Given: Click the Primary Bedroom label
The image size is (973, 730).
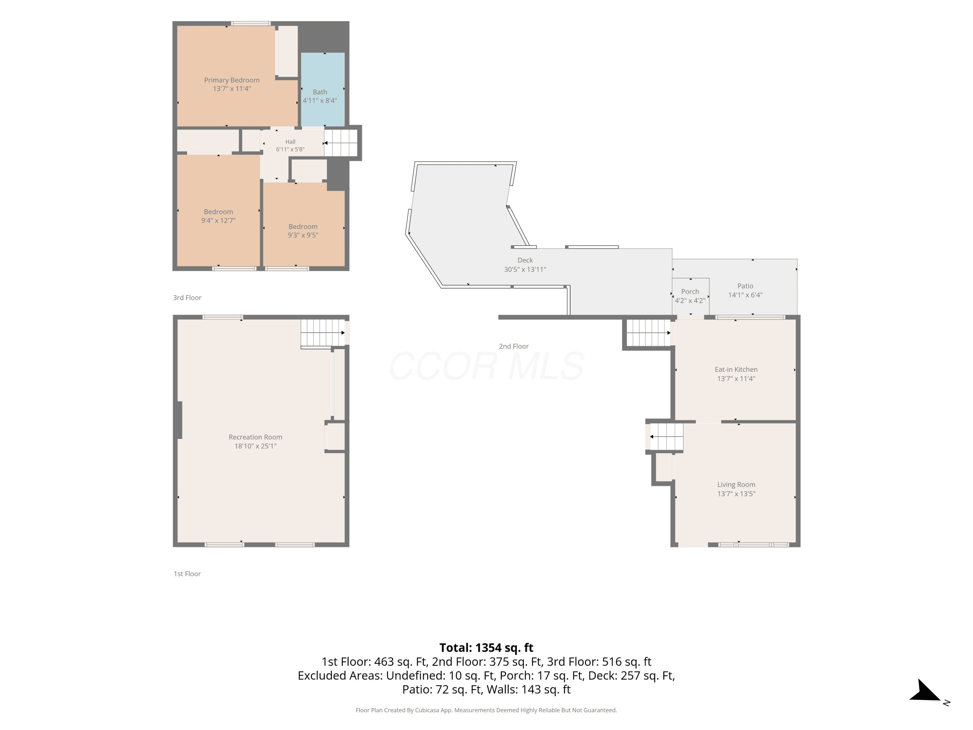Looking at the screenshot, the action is tap(232, 80).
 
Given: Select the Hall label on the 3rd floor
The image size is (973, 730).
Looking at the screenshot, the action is tap(290, 142).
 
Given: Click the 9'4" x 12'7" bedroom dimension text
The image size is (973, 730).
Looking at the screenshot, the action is tap(218, 220).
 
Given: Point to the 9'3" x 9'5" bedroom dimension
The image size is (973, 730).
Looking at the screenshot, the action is tap(303, 235).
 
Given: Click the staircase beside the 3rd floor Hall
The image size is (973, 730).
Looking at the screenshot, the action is tap(341, 142).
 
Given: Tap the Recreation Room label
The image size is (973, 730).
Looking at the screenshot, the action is tap(256, 437).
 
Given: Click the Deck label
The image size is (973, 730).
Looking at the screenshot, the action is tap(525, 260).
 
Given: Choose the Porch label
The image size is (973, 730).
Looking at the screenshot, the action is tap(690, 291).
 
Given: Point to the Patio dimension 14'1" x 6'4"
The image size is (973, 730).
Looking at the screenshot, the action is tap(745, 295).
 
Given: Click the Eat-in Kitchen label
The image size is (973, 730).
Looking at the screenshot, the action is tap(736, 370).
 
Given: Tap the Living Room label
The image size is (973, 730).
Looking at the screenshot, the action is tap(736, 484).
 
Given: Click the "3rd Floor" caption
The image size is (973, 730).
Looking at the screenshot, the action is tap(187, 298).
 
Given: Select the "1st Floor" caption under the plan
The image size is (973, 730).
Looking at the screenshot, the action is tap(187, 574).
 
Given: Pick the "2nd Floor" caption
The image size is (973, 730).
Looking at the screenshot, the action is tap(514, 346).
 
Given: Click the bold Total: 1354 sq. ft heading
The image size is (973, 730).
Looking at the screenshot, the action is tap(486, 648).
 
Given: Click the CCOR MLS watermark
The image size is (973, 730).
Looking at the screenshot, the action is tap(486, 366).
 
